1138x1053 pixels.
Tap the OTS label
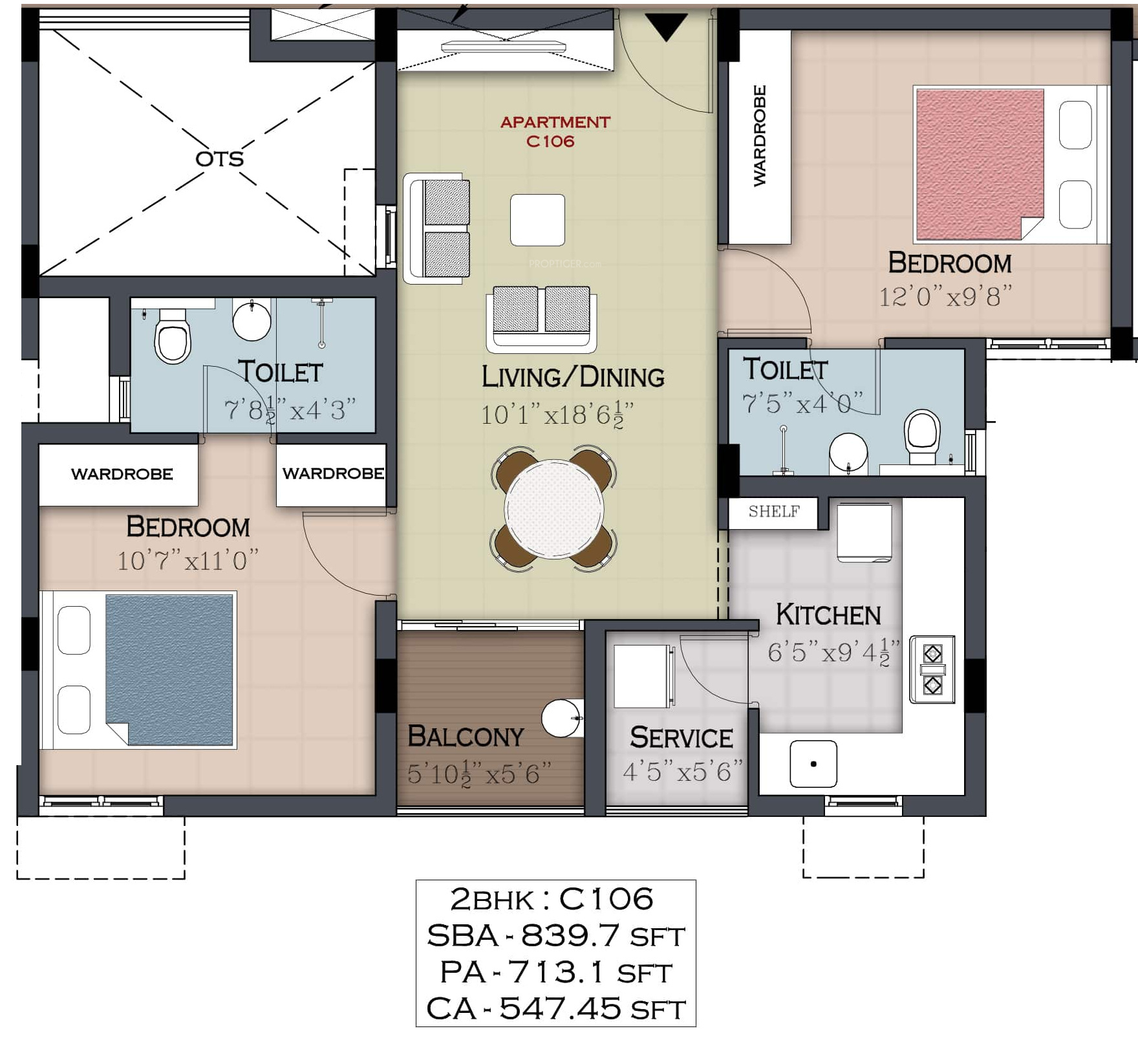(220, 158)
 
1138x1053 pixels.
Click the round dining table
(554, 509)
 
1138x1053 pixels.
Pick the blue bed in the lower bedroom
(138, 669)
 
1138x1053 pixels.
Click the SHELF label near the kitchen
(774, 512)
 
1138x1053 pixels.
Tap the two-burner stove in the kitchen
(932, 669)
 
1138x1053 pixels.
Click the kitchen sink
(813, 764)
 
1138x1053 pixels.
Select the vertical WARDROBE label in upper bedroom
(760, 136)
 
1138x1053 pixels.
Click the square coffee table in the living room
(537, 220)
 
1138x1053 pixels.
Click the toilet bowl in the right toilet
(922, 437)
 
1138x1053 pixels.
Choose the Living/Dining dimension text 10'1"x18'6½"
(557, 415)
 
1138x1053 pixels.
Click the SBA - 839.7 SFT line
(555, 936)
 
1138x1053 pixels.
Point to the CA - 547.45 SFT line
(555, 1008)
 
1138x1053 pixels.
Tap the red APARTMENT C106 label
(555, 131)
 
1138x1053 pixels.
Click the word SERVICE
(682, 738)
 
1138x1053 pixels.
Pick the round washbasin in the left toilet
(252, 320)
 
